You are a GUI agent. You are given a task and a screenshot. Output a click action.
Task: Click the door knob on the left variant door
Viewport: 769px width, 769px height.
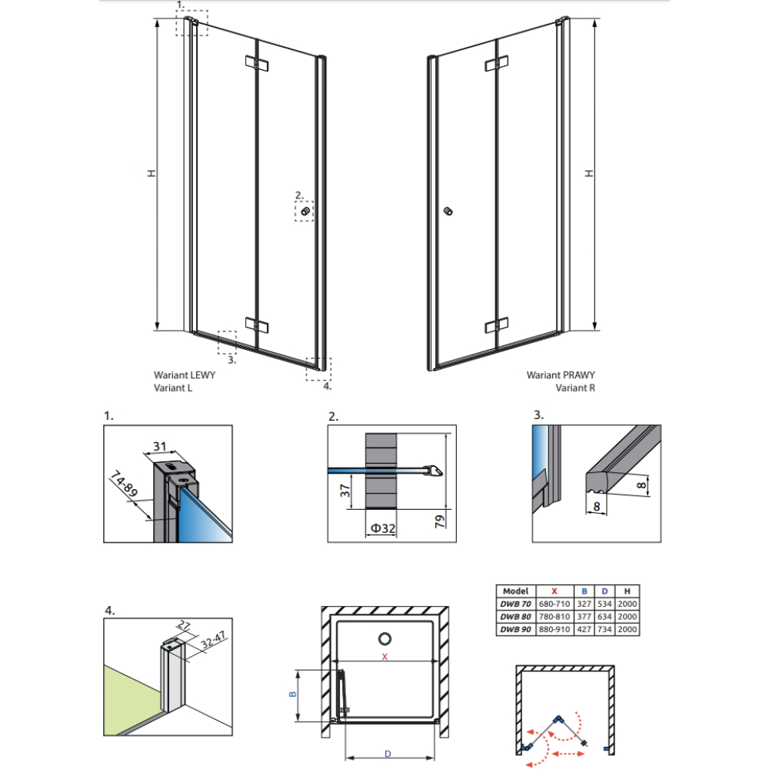click(x=305, y=211)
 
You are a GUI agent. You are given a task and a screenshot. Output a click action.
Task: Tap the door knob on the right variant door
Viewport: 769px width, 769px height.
click(x=448, y=211)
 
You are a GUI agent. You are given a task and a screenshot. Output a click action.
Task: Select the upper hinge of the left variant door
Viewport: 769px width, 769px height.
click(x=257, y=64)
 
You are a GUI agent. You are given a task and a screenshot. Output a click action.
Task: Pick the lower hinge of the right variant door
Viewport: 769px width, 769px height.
click(x=496, y=325)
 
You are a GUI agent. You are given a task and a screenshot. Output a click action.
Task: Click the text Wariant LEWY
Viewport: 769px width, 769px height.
click(x=185, y=375)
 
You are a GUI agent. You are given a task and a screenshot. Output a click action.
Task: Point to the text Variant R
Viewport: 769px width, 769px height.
click(x=575, y=388)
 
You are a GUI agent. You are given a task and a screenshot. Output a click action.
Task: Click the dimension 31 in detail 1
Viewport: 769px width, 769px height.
click(x=160, y=446)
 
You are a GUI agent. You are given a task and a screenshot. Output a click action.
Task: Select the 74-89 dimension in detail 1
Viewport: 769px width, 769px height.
click(x=123, y=483)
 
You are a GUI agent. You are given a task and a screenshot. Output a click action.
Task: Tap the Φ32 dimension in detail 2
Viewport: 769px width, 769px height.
click(x=382, y=528)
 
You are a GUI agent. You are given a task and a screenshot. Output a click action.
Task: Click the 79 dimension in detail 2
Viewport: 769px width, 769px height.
click(x=440, y=521)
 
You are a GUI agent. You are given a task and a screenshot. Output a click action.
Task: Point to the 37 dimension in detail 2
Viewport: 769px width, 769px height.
click(x=345, y=491)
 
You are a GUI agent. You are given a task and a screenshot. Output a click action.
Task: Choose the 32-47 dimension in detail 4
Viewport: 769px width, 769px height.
click(x=213, y=640)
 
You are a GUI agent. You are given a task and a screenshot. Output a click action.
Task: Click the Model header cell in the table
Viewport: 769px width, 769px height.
click(x=515, y=591)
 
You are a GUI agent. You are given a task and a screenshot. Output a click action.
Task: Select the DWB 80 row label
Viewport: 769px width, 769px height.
click(x=515, y=617)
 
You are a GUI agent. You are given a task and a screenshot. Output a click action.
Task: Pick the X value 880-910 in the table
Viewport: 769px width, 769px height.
click(x=554, y=629)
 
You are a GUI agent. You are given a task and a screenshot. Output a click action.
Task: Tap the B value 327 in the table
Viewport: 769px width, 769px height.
click(x=584, y=604)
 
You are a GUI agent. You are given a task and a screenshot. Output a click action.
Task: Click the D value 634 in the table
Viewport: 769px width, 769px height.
click(x=604, y=617)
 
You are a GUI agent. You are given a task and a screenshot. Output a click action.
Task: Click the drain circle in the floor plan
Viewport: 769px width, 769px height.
click(x=385, y=638)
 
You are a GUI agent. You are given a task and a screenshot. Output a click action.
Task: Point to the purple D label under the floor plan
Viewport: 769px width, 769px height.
click(x=388, y=754)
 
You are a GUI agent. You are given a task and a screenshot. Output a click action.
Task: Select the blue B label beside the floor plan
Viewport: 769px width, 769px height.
click(x=293, y=694)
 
